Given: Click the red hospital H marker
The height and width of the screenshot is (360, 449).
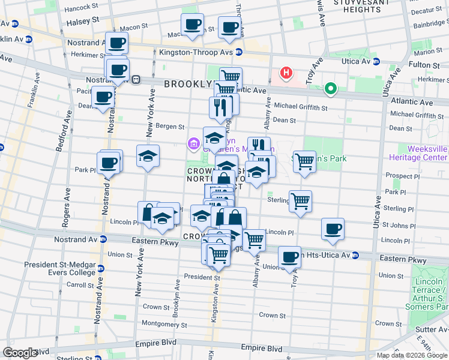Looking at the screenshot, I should tap(287, 74).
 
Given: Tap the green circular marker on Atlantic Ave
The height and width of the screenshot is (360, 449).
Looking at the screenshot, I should tap(330, 89).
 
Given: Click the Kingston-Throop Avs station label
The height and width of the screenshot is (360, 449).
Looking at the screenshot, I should tap(196, 52).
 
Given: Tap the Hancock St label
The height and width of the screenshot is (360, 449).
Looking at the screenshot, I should tap(81, 7).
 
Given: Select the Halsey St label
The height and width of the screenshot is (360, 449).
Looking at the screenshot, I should tap(86, 20).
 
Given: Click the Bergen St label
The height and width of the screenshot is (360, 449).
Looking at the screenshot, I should tap(170, 127).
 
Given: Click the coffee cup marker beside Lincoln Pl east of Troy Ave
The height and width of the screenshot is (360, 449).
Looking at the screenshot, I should tap(333, 229).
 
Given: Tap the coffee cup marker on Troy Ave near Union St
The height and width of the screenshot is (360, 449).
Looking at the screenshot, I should tap(289, 257).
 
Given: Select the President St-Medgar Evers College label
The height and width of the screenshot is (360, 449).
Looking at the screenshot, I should tap(60, 269).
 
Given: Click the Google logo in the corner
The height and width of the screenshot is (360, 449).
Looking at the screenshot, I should tap(20, 352).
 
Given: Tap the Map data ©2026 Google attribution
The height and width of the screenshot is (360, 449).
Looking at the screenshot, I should tap(412, 355).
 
